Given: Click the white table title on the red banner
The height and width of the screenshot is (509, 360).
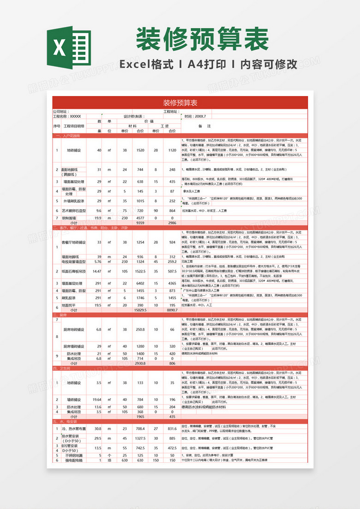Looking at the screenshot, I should coord(180,103).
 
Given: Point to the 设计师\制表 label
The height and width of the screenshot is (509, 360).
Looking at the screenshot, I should coord(134,116).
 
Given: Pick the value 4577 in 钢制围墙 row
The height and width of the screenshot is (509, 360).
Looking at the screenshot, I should coord(140,218).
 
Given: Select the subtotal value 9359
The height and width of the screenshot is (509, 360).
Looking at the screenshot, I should coord(140,223).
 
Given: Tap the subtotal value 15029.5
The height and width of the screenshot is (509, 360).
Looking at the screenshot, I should coord(140,310).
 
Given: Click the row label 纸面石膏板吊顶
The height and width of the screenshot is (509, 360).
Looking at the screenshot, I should coord(74,271).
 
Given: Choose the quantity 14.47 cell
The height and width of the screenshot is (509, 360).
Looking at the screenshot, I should coord(97,271).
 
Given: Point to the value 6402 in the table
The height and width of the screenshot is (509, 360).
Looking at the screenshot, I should coord(140,283).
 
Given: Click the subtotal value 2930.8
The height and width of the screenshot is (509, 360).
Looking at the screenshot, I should coord(140,364).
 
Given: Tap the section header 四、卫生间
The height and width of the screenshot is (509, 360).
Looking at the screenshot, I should coord(62,368).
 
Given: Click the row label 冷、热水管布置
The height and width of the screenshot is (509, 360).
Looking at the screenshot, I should coord(74,429).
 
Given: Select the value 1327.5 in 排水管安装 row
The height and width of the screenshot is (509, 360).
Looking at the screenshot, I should coord(140,438).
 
